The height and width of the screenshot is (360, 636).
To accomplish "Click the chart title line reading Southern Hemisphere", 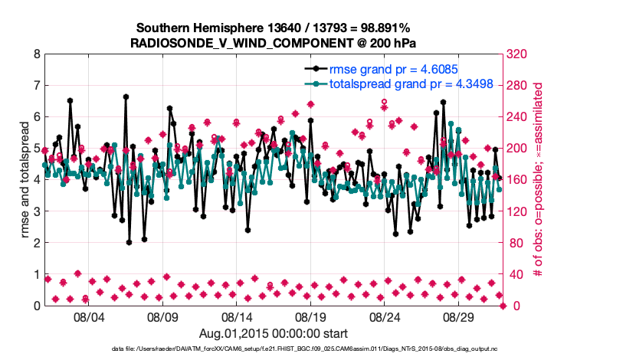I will pyautogui.click(x=274, y=28).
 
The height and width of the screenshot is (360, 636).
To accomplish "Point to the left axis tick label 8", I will pyautogui.click(x=36, y=54).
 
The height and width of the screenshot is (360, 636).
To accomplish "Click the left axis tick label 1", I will pyautogui.click(x=36, y=274).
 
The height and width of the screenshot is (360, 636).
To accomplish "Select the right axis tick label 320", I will pyautogui.click(x=519, y=54).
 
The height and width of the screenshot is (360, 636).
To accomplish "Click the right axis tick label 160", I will pyautogui.click(x=519, y=180).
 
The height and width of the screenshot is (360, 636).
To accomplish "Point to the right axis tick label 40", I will pyautogui.click(x=516, y=274).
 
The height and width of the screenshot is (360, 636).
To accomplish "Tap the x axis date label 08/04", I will pyautogui.click(x=88, y=317).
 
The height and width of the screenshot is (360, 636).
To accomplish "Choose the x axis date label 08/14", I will pyautogui.click(x=238, y=317).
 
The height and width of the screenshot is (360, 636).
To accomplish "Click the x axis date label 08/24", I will pyautogui.click(x=386, y=317).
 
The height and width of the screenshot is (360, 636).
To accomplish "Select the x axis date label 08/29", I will pyautogui.click(x=461, y=317).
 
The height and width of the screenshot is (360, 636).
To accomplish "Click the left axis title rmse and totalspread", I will pyautogui.click(x=23, y=180).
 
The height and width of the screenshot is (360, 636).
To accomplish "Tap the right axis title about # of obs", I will pyautogui.click(x=539, y=180).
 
